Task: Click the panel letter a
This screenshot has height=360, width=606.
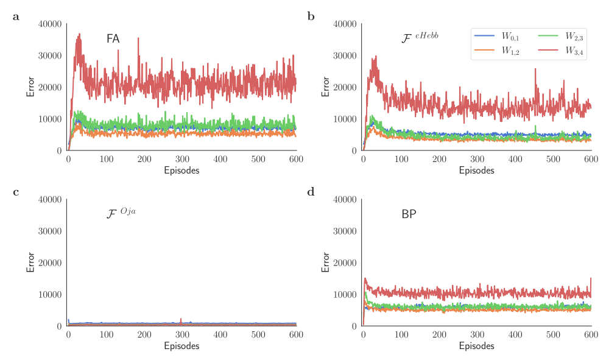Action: click(16, 17)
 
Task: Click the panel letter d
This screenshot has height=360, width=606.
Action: click(311, 192)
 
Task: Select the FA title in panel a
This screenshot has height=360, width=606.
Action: click(113, 39)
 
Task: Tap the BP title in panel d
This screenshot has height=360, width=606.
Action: click(409, 214)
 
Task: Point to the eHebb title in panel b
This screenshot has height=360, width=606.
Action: click(420, 38)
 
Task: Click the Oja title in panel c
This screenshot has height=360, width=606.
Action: click(121, 213)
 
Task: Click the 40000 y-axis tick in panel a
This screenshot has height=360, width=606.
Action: click(50, 24)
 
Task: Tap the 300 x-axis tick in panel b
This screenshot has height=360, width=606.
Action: click(477, 160)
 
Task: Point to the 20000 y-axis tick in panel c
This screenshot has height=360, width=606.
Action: click(50, 263)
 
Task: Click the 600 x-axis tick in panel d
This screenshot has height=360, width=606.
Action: click(591, 335)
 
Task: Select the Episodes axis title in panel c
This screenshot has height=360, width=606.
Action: click(181, 346)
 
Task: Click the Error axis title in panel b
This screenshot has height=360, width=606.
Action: click(326, 86)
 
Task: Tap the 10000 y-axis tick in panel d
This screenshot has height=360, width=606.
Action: click(345, 295)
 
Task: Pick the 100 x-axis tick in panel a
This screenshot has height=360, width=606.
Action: click(106, 160)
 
